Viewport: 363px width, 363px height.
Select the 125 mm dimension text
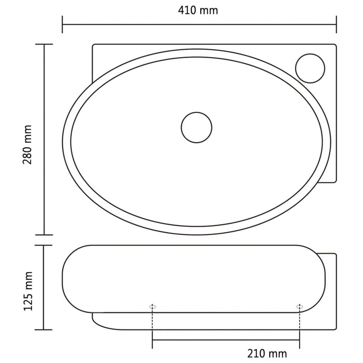coord(28,290)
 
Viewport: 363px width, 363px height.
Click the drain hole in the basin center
coord(197,127)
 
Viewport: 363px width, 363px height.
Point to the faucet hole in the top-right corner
coord(310,68)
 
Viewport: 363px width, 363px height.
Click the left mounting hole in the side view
coord(152,306)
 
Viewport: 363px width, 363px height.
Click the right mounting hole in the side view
coord(299,306)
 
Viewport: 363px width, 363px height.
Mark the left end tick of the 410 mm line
coord(63,24)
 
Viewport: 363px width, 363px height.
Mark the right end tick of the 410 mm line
coord(337,24)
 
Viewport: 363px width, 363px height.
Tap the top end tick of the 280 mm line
coord(44,45)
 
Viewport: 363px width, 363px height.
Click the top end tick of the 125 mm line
coord(44,245)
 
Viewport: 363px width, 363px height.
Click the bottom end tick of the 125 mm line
coord(44,330)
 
